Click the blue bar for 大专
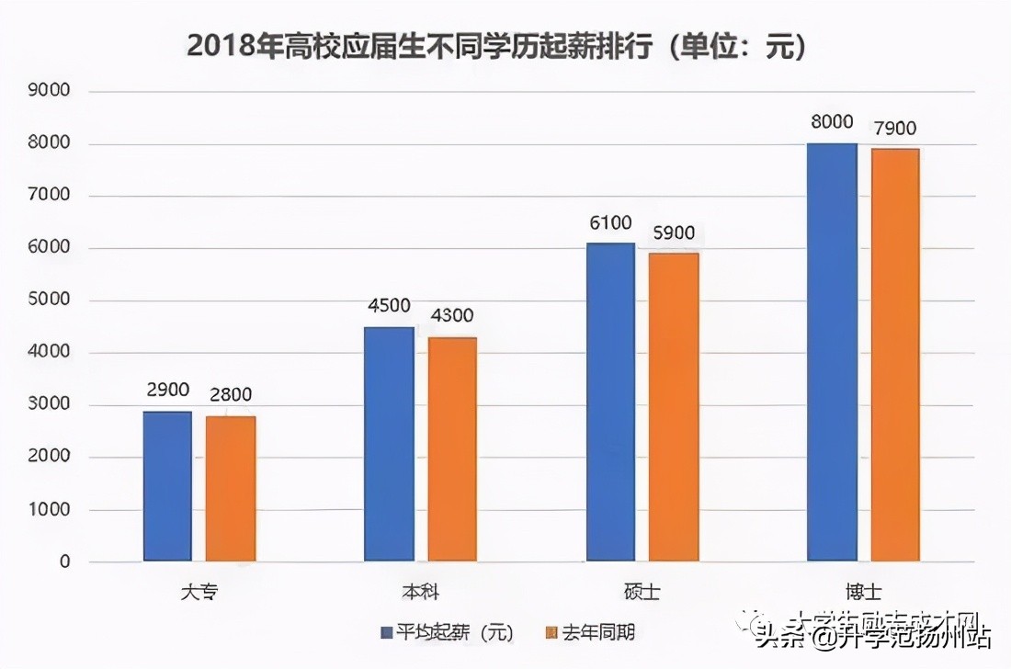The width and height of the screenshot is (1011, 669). (x=167, y=486)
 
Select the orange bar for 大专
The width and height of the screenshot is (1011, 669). (x=231, y=489)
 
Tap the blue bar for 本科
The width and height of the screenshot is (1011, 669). (x=389, y=444)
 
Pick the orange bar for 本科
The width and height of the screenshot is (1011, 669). (x=452, y=449)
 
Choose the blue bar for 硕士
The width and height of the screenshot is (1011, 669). (x=610, y=402)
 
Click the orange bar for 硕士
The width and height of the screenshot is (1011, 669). (x=674, y=407)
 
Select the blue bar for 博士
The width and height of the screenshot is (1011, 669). (x=832, y=352)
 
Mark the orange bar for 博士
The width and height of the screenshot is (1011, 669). (x=895, y=355)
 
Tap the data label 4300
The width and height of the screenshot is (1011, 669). (x=451, y=316)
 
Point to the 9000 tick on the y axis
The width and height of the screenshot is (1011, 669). (x=52, y=92)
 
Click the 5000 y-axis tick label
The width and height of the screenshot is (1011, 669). (x=52, y=300)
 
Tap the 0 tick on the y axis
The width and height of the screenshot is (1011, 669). (x=64, y=561)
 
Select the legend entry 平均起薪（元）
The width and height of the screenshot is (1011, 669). (x=447, y=633)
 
